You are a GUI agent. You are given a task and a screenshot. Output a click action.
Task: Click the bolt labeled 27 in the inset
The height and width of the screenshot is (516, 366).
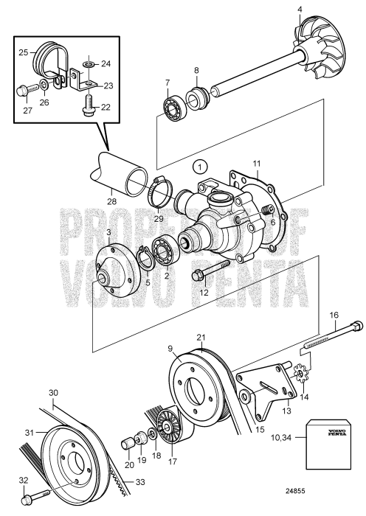point(23,92)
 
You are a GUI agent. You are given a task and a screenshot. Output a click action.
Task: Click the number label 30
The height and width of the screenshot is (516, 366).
point(52,391)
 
